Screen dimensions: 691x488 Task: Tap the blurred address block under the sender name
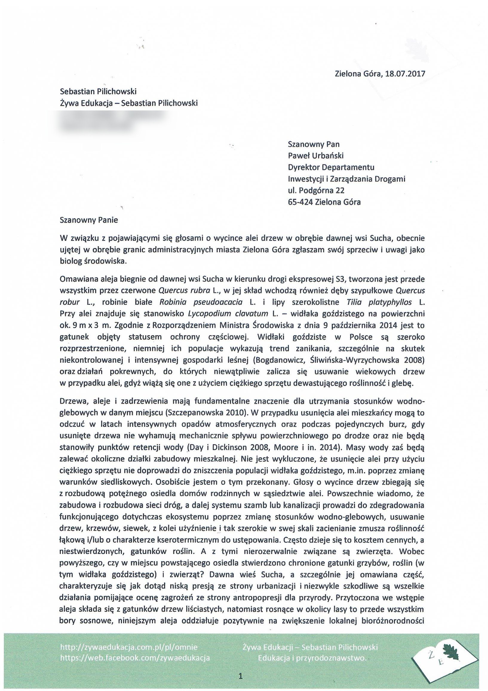[113, 121]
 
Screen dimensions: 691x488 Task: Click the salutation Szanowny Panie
[89, 220]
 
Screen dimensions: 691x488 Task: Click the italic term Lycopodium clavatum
[228, 314]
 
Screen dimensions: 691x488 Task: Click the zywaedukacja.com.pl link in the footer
[129, 645]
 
